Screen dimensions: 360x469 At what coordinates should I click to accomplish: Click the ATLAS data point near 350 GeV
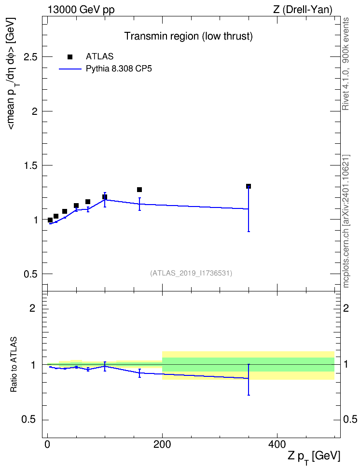click(x=249, y=186)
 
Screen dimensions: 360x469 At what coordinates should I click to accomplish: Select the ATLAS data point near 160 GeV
click(x=139, y=190)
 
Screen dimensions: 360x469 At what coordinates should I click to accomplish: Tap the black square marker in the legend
click(x=70, y=57)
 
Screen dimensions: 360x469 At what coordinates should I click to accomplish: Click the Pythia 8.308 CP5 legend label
click(x=119, y=69)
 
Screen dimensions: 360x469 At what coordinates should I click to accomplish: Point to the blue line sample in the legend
click(x=70, y=69)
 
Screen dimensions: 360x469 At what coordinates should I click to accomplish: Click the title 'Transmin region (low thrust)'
click(x=189, y=36)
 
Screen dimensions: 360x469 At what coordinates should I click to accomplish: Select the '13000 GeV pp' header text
click(x=81, y=10)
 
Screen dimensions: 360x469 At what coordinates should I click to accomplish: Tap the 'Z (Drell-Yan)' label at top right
click(x=303, y=10)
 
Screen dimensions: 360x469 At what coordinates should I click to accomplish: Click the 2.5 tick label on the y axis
click(x=31, y=57)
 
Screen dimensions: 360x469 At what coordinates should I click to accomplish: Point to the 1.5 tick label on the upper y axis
click(x=31, y=166)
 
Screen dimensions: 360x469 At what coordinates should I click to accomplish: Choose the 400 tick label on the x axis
click(x=277, y=444)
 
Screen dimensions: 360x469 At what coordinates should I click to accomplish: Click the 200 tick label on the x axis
click(x=162, y=444)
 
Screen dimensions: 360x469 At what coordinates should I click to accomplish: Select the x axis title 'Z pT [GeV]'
click(x=314, y=457)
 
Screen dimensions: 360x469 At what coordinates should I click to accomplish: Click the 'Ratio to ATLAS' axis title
click(x=14, y=364)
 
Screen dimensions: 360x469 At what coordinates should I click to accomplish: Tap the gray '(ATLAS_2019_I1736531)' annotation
click(x=191, y=273)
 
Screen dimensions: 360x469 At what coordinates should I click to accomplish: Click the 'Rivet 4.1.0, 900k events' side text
click(x=346, y=64)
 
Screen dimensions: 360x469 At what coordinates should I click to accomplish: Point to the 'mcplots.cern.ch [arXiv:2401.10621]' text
click(x=346, y=221)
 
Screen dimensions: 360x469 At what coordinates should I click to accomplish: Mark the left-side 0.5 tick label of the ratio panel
click(x=29, y=420)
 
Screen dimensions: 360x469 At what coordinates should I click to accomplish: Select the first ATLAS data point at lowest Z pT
click(x=50, y=220)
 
